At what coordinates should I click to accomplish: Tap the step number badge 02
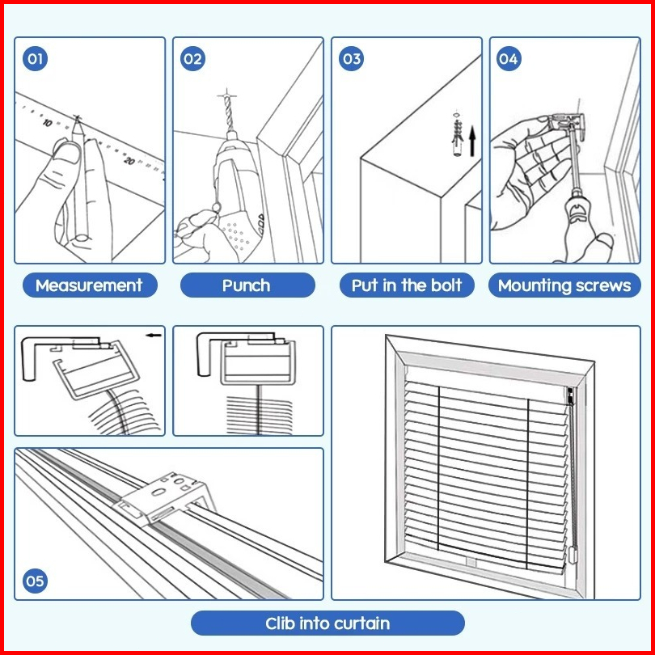(192, 59)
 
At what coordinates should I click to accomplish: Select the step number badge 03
(351, 59)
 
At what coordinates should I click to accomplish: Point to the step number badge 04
(508, 59)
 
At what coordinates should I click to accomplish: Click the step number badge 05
(35, 581)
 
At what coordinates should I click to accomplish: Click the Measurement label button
(89, 285)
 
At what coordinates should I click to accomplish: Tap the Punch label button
(247, 285)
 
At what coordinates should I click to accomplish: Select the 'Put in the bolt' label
(407, 285)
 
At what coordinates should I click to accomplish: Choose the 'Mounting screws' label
(564, 285)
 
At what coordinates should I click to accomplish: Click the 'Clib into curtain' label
(327, 623)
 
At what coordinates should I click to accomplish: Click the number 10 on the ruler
(48, 123)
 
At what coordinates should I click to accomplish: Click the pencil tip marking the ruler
(78, 120)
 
